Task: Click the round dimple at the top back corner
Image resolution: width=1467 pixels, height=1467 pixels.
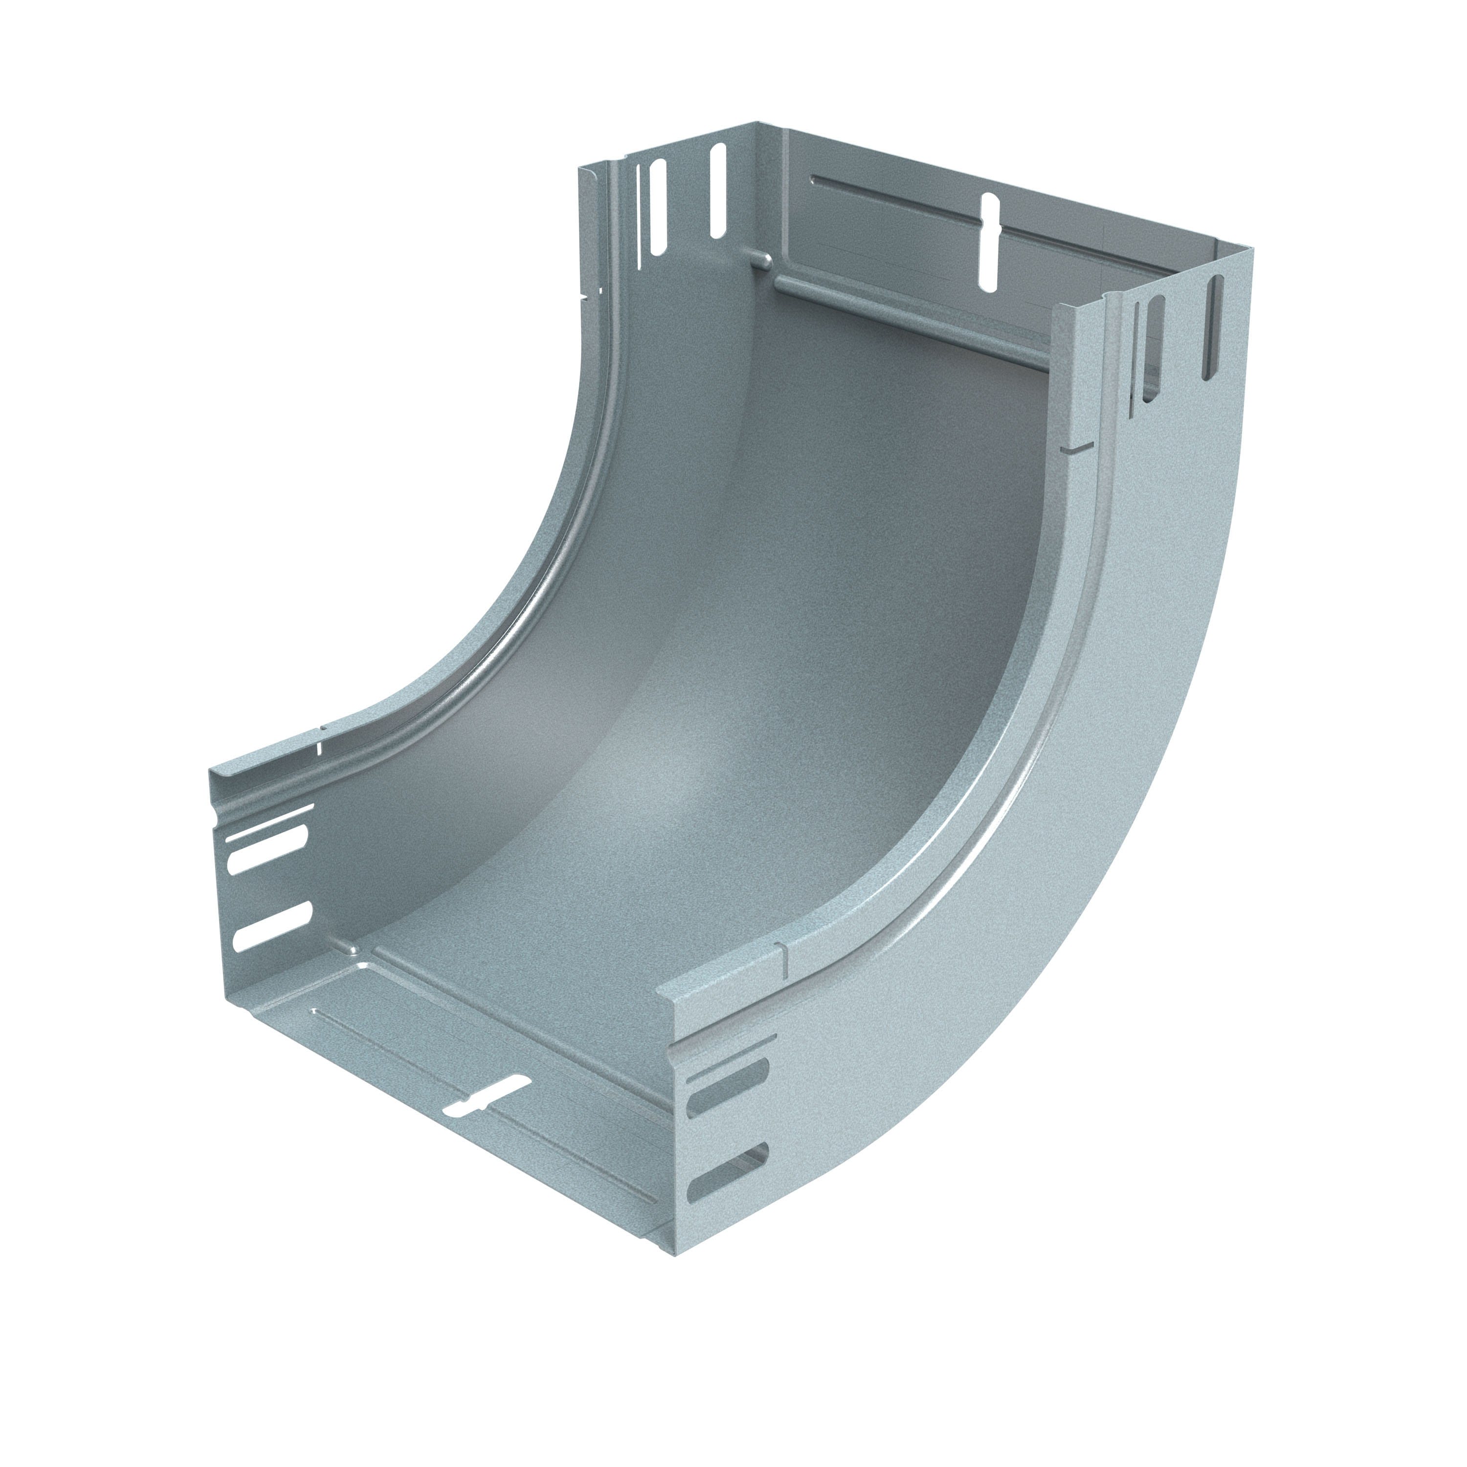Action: (x=761, y=261)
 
